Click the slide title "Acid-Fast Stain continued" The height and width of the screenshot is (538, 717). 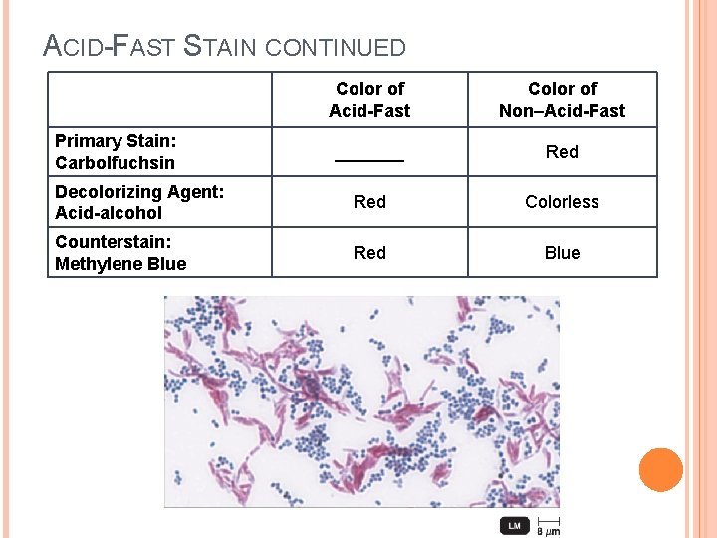click(225, 46)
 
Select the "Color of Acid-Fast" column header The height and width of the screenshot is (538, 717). click(369, 100)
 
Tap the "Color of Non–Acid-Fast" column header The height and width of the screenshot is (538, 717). click(562, 100)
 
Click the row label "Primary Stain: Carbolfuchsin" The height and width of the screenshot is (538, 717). click(115, 152)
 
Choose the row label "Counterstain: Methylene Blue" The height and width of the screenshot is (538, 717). click(120, 253)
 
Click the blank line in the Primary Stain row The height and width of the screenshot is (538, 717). click(369, 158)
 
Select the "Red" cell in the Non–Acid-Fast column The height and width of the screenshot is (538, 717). click(562, 152)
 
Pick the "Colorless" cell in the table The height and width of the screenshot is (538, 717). click(562, 202)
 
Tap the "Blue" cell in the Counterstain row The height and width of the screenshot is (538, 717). click(562, 253)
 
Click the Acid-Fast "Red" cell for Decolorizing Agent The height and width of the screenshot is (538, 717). click(369, 202)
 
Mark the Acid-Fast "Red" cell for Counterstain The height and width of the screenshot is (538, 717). click(369, 253)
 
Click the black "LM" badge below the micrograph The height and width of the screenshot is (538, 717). click(514, 525)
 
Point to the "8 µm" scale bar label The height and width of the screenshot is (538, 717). click(548, 530)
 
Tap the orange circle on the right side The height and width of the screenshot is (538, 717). click(661, 470)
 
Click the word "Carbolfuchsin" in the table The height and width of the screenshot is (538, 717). click(115, 163)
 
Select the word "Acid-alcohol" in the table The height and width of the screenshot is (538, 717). click(109, 213)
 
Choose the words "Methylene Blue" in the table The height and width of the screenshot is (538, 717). click(120, 264)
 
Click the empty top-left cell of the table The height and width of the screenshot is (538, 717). click(159, 100)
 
